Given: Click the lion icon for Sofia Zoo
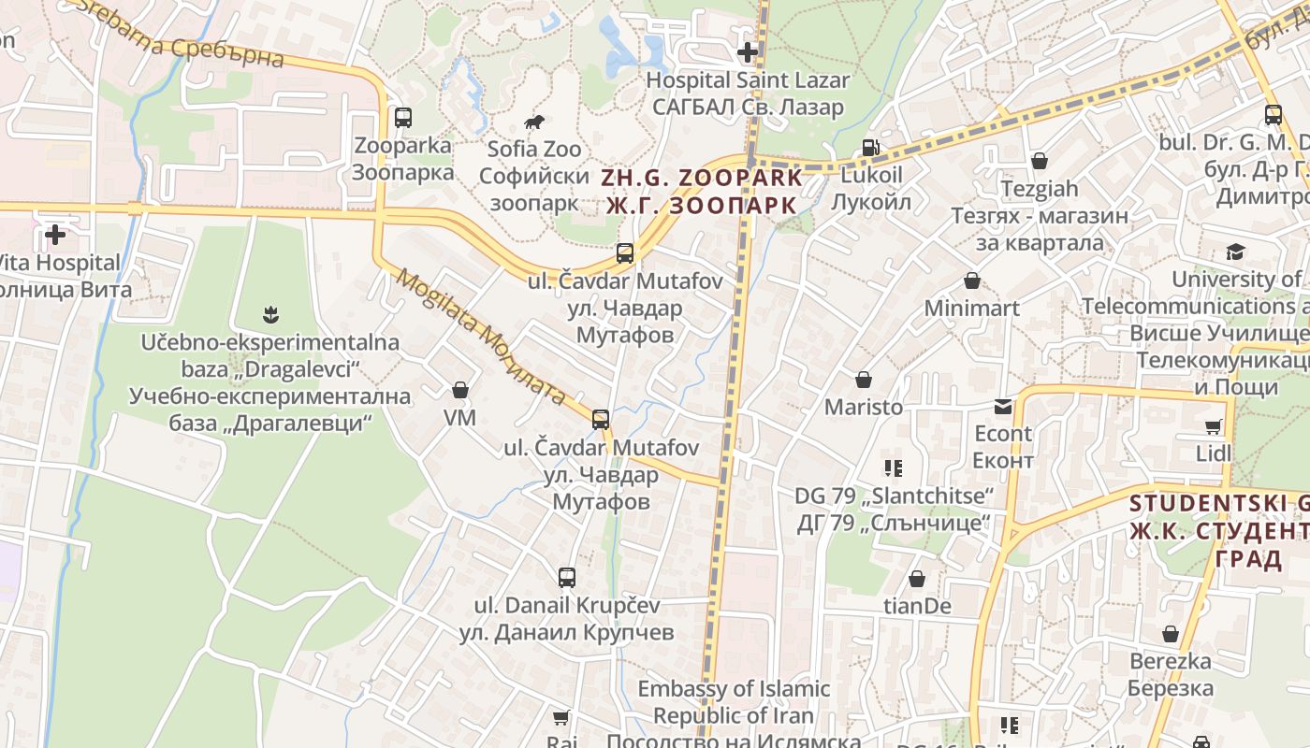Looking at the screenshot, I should (x=534, y=122).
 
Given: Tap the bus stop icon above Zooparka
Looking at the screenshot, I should (x=403, y=118).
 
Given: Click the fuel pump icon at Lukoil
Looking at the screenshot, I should (x=871, y=148).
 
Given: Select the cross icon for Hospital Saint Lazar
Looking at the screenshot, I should (x=748, y=52).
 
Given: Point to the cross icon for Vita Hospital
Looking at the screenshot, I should (x=56, y=235).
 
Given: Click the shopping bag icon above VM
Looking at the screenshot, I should (x=460, y=390).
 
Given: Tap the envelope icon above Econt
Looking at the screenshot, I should (x=1003, y=407).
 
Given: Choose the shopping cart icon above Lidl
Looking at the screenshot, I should (x=1214, y=427).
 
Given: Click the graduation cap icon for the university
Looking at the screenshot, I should (x=1236, y=252).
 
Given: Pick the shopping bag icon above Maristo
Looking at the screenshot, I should (x=864, y=380).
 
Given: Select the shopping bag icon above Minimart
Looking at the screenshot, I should (x=972, y=280).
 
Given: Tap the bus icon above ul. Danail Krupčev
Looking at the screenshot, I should (x=567, y=577).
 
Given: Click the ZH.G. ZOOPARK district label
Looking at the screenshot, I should (x=703, y=191).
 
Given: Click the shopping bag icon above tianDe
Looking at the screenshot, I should (x=917, y=580).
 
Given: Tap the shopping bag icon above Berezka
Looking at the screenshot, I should (x=1171, y=635).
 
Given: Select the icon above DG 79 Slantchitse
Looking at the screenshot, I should (x=893, y=467).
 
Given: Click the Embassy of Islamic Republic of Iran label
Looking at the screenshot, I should (x=734, y=702).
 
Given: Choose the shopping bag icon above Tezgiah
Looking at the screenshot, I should (x=1040, y=161).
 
